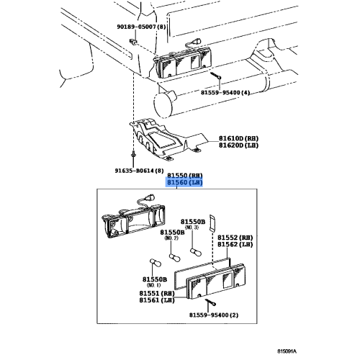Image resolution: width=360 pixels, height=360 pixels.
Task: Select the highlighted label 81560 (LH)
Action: click(x=185, y=183)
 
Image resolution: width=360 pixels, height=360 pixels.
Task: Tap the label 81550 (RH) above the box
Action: click(x=185, y=175)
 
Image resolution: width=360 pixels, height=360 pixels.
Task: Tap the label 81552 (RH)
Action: click(x=235, y=236)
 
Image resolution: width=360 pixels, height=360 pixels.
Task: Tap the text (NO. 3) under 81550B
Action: click(x=193, y=228)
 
